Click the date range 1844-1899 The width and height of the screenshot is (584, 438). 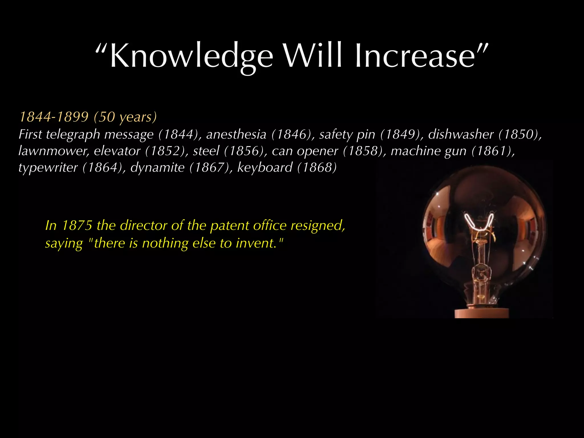tap(54, 117)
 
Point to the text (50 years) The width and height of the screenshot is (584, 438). tap(125, 117)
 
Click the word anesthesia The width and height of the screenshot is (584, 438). tap(236, 134)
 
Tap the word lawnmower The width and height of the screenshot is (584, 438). tap(54, 151)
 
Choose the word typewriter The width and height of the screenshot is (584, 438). tap(48, 167)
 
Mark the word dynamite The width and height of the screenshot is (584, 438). tap(157, 167)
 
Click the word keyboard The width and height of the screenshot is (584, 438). tap(265, 167)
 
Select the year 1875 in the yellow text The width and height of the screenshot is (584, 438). tap(77, 226)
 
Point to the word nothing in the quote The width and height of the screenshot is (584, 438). tap(165, 243)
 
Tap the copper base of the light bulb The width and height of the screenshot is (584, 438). tap(481, 313)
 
